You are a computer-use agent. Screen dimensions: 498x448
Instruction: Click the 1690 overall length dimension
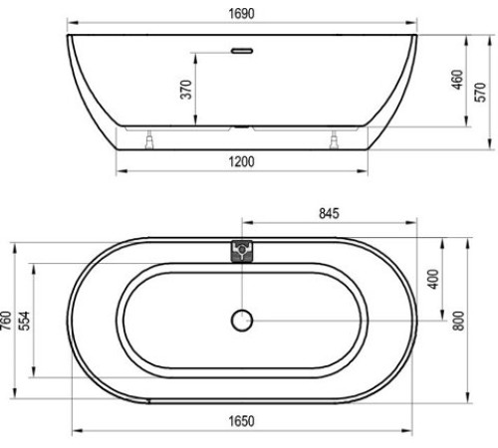click(241, 14)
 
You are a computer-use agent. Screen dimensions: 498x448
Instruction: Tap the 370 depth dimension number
click(186, 90)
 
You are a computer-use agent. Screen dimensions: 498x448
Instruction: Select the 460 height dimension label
click(457, 80)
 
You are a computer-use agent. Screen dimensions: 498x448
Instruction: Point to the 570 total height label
click(480, 93)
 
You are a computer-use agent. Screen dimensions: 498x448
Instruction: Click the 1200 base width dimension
click(241, 162)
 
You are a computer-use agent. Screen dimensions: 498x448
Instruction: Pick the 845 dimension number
click(329, 213)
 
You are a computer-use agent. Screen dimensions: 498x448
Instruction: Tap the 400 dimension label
click(433, 279)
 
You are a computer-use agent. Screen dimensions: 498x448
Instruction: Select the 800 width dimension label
click(458, 321)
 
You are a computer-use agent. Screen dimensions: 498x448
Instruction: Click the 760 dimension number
click(6, 321)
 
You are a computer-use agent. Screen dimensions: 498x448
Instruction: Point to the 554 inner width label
click(24, 321)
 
